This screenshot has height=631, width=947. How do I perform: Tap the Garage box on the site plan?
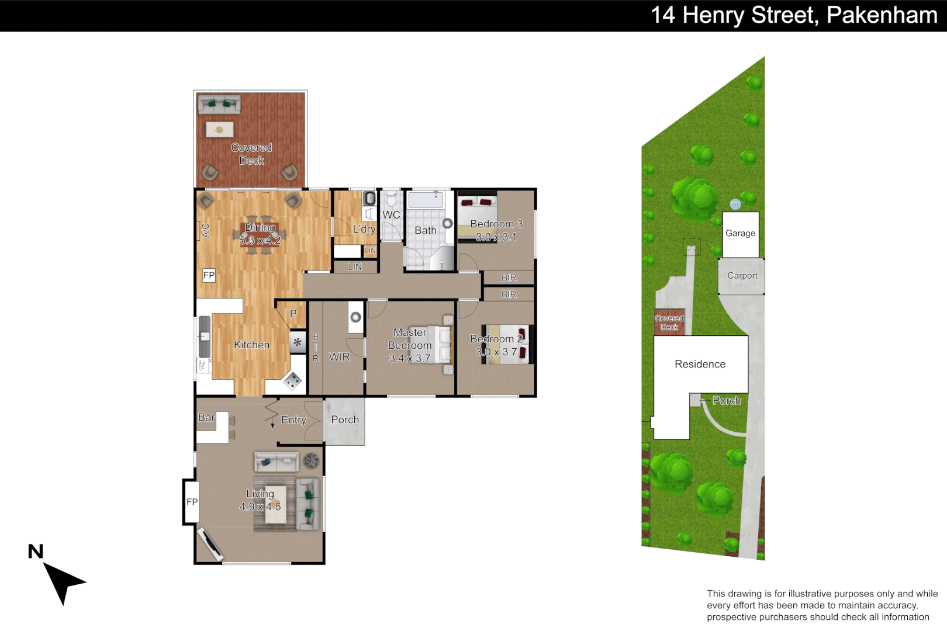click(740, 234)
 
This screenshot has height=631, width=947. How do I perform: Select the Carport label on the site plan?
click(742, 276)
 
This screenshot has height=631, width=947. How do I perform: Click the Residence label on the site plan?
click(700, 364)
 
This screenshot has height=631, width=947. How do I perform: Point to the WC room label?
click(391, 215)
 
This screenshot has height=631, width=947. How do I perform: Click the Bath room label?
click(425, 231)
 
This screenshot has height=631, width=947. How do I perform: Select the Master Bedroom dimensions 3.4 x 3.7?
click(409, 358)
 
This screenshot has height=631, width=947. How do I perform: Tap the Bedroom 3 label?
click(496, 224)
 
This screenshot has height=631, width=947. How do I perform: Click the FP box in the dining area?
click(209, 275)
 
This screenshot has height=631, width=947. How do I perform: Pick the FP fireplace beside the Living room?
click(192, 502)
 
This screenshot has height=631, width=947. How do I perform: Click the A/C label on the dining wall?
click(206, 230)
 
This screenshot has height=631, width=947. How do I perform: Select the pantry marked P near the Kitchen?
click(293, 314)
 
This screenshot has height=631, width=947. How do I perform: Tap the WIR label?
click(339, 357)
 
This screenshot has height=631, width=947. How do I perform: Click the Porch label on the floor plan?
click(345, 419)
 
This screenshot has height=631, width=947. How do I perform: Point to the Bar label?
click(206, 417)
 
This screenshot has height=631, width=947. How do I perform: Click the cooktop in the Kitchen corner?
click(292, 382)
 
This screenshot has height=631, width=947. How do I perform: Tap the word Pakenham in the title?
click(882, 15)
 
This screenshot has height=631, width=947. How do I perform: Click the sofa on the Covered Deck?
click(219, 105)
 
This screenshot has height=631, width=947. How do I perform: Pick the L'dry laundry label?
click(364, 229)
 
